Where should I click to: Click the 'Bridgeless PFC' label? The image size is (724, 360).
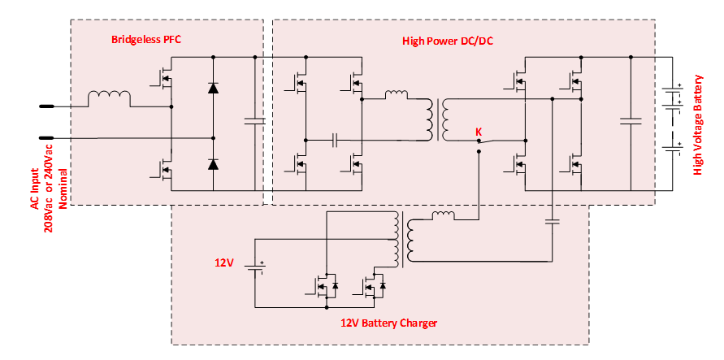(x=147, y=39)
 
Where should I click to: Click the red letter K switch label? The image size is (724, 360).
(x=478, y=131)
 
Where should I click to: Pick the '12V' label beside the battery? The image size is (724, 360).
(x=224, y=262)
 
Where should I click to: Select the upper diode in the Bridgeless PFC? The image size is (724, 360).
(x=213, y=88)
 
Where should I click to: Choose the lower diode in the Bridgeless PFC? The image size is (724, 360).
(x=213, y=164)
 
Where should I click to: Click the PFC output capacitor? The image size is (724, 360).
(x=255, y=122)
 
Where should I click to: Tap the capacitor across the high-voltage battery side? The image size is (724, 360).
(x=631, y=122)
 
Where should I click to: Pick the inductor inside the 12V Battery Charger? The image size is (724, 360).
(x=443, y=215)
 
